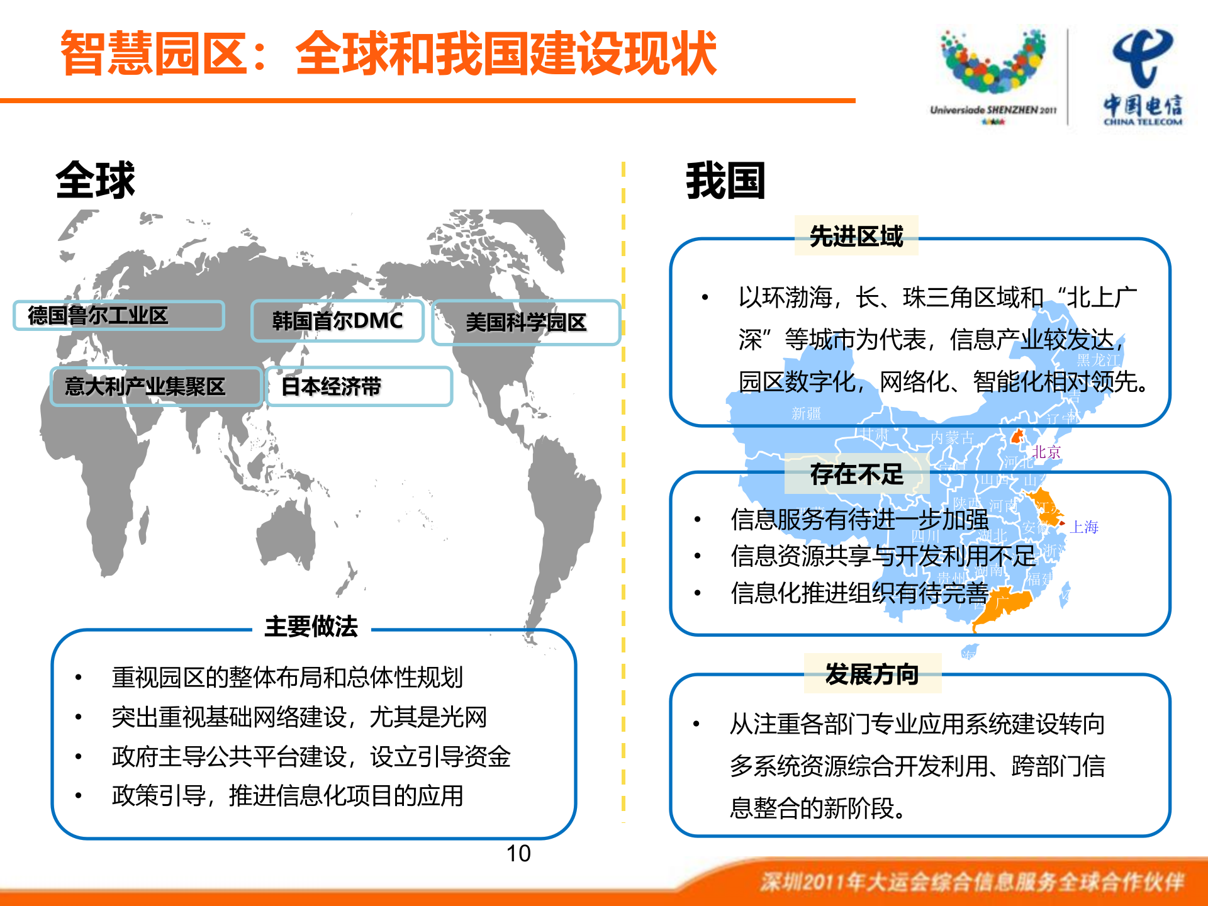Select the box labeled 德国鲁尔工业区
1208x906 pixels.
[x=118, y=315]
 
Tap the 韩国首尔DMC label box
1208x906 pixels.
[x=337, y=321]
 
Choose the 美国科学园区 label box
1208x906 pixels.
[x=526, y=322]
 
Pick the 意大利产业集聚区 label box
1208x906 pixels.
[x=155, y=386]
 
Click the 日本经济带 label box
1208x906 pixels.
[x=359, y=386]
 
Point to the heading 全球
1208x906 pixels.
[x=96, y=181]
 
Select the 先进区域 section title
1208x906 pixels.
[x=856, y=236]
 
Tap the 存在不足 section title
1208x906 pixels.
[x=857, y=474]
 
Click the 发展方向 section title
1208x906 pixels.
[x=872, y=674]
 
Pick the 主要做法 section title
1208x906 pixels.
[x=311, y=627]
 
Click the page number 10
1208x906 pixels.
[x=518, y=854]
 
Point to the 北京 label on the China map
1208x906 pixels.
[x=1046, y=452]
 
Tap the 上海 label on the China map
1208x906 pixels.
[x=1084, y=527]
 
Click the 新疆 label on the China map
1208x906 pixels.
[x=806, y=413]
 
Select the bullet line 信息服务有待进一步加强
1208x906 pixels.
[x=859, y=520]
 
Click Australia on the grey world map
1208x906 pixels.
[x=286, y=535]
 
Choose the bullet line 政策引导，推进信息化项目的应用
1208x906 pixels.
[x=288, y=796]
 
